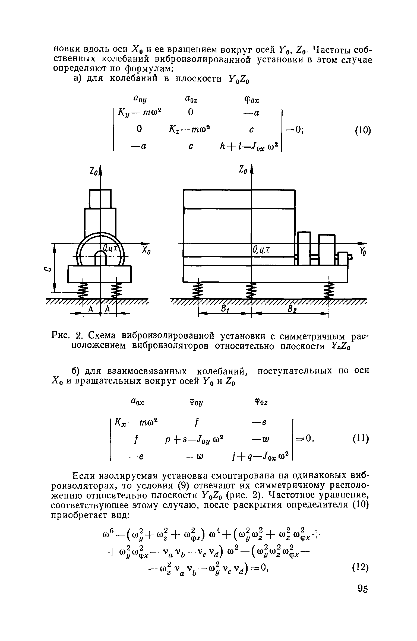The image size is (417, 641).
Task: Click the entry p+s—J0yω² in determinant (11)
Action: click(194, 439)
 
